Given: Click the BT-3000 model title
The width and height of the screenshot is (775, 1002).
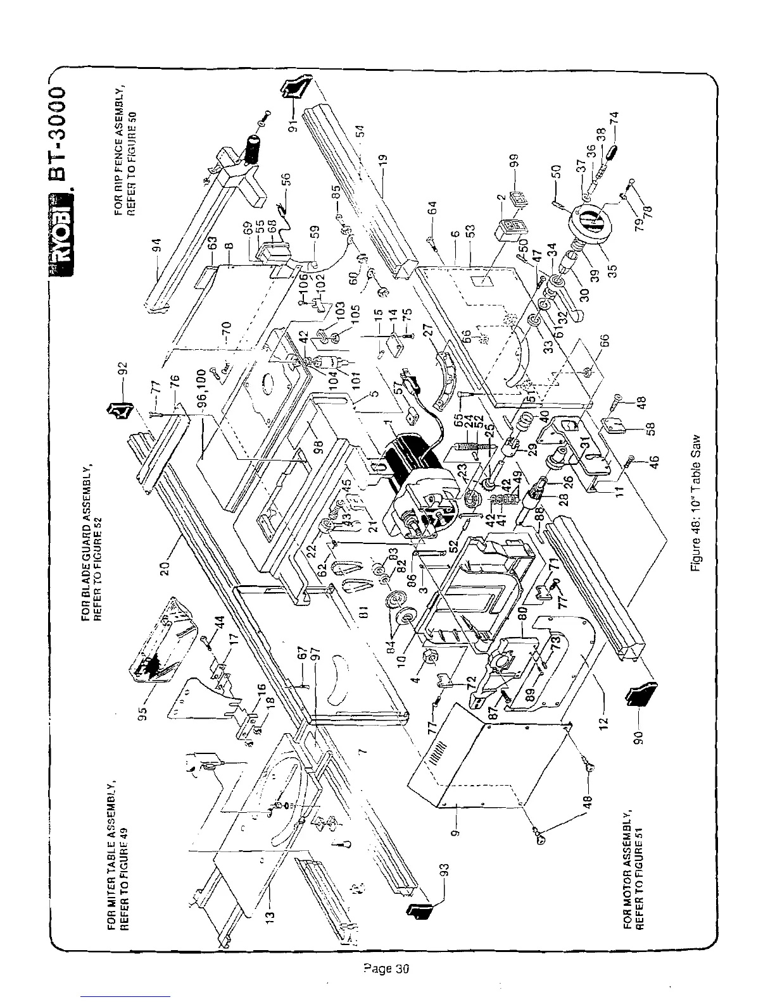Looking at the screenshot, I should pos(63,124).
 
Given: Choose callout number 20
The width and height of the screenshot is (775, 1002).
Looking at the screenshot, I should pos(166,567).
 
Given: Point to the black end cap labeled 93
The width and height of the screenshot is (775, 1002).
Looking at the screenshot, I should pos(419,910).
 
